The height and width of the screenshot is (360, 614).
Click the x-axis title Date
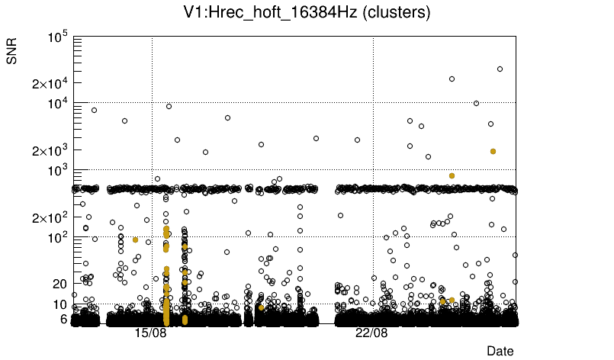tap(500, 351)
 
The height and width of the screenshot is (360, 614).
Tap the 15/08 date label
tap(151, 333)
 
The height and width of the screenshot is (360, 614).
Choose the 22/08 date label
tap(372, 333)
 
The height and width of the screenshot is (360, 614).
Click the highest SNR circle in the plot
tap(500, 69)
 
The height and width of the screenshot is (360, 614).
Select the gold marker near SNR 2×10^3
tap(493, 151)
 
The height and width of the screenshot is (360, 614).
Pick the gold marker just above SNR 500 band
tap(452, 175)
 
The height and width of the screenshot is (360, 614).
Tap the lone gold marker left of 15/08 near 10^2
tap(135, 239)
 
